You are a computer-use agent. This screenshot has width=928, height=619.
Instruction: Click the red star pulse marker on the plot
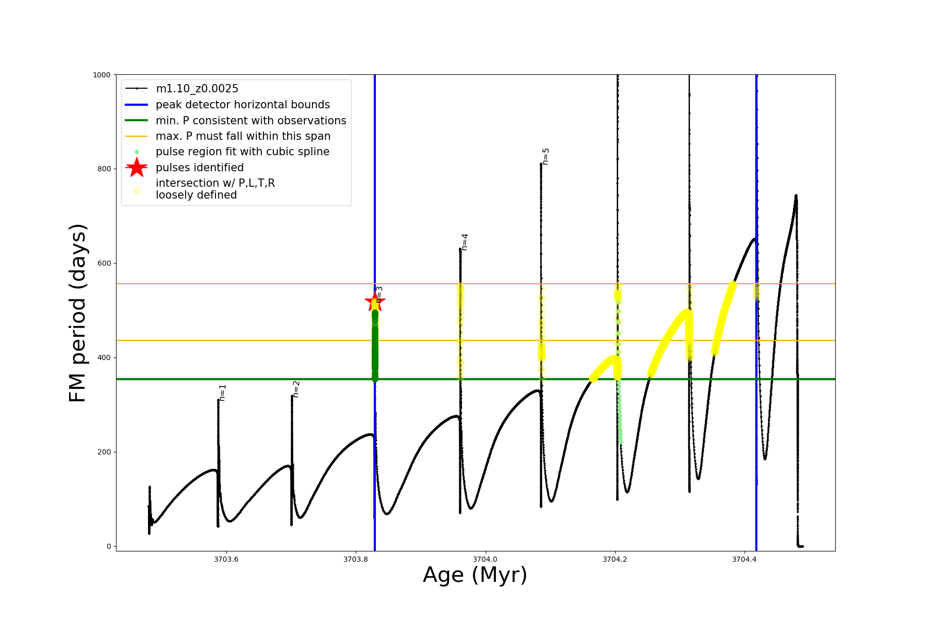374,302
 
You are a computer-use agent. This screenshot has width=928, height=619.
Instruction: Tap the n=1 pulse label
222,393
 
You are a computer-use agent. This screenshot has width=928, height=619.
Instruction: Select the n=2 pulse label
296,389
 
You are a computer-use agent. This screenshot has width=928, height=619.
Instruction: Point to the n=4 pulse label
465,242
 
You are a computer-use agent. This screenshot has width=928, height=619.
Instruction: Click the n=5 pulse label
545,156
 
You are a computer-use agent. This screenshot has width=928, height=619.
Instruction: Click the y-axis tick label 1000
102,75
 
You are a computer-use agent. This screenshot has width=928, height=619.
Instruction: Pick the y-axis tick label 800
104,169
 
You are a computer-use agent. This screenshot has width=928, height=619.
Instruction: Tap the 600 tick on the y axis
104,263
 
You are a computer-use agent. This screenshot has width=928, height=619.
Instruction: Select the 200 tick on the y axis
104,452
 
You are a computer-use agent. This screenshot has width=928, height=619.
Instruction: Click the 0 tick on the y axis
109,546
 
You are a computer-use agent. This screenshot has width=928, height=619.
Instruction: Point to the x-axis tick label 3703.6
226,560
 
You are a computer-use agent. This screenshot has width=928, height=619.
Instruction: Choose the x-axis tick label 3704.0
485,560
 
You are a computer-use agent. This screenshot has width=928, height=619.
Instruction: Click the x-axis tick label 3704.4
744,560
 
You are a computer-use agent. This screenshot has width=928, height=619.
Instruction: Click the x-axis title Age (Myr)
475,575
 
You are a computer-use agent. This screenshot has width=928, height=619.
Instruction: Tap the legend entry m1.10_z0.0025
197,89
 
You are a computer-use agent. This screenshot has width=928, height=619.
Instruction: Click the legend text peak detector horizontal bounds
243,105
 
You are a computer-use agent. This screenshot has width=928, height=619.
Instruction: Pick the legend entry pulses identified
200,168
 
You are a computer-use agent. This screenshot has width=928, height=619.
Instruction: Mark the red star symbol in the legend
137,167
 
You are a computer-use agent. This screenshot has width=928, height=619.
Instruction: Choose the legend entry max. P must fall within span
243,136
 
